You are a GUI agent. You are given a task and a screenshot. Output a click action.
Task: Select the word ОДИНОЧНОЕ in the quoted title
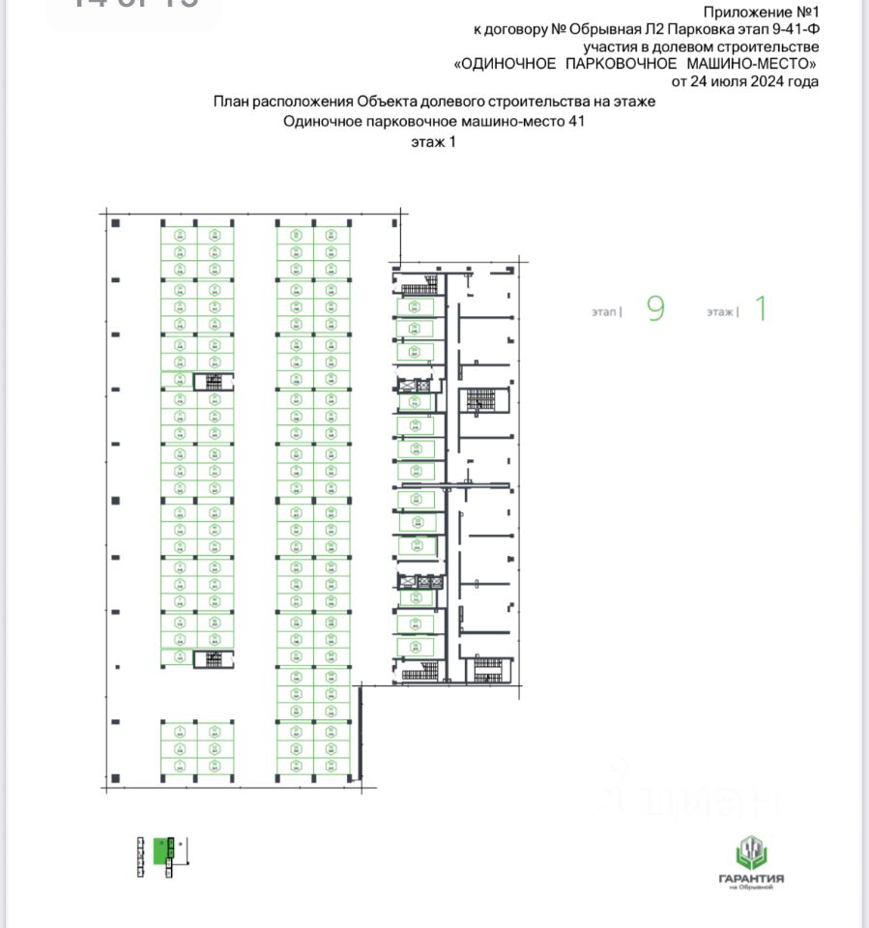(x=507, y=64)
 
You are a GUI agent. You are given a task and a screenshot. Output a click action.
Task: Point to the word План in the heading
(x=231, y=101)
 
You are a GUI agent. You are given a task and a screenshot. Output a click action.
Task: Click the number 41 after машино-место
(x=577, y=122)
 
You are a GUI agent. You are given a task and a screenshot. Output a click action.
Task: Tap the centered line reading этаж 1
(x=432, y=141)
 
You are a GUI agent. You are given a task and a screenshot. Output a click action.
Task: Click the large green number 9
(x=655, y=309)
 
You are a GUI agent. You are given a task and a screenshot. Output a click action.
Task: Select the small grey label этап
(x=604, y=312)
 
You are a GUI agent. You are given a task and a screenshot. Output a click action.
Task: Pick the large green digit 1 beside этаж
(x=760, y=309)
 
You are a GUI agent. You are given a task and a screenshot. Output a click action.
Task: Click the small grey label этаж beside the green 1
(x=720, y=312)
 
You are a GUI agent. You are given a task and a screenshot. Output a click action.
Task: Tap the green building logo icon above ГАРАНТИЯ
(x=751, y=852)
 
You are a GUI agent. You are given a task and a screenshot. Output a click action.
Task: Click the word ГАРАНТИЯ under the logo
(x=751, y=879)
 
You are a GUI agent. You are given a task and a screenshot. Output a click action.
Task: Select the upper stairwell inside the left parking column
(x=214, y=381)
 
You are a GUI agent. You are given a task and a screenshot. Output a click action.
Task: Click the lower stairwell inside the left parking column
(x=214, y=659)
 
